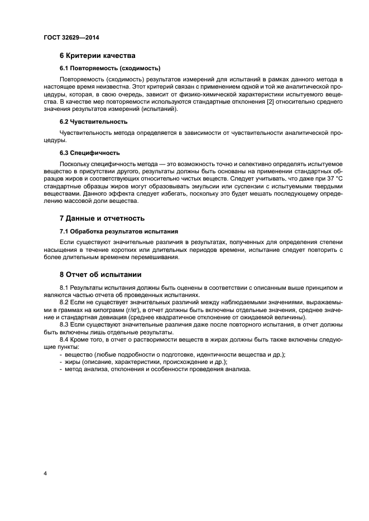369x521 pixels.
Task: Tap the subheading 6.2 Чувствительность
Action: coord(93,121)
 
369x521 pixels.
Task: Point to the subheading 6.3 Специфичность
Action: coord(89,153)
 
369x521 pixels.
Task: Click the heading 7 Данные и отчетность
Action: coord(102,218)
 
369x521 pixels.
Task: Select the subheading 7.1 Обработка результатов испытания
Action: coord(118,231)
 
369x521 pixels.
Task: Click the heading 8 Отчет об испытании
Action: coord(102,274)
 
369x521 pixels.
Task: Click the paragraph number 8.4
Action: coord(65,340)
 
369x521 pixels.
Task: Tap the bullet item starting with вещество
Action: coord(176,355)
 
